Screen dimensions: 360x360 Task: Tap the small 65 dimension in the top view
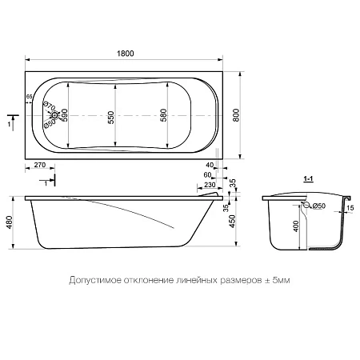[30, 96]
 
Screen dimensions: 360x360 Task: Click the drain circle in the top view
[49, 114]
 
